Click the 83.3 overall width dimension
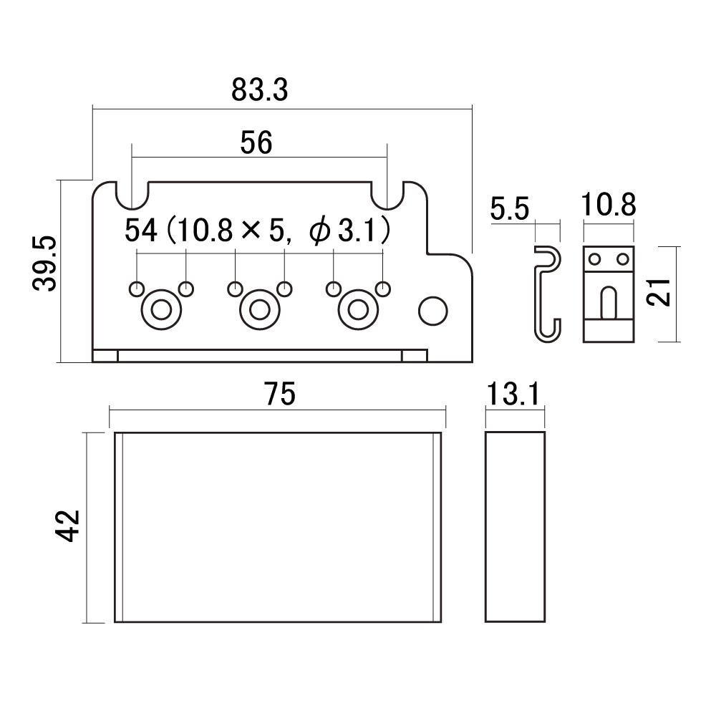coord(259,90)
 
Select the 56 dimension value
coord(256,142)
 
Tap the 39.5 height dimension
coord(44,263)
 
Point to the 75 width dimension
coord(280,394)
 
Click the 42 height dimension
coord(67,526)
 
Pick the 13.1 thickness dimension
coord(513,394)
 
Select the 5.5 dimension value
coord(510,208)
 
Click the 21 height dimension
coord(659,292)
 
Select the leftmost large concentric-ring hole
coord(161,310)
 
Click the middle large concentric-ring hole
coord(260,310)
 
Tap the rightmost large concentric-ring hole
coord(359,310)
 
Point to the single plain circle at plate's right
coord(433,311)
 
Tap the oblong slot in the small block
coord(608,302)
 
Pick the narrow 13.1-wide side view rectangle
coord(515,526)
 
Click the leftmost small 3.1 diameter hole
coord(137,289)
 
